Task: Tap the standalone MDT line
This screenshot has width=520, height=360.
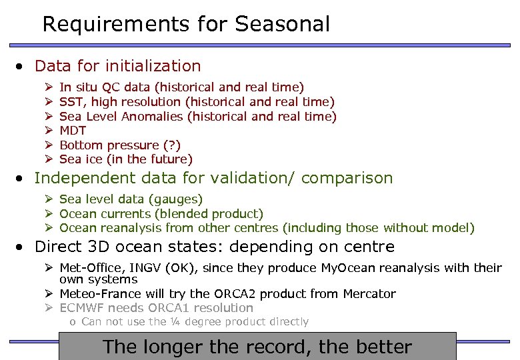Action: click(x=73, y=131)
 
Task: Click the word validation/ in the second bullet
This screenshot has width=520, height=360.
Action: click(x=255, y=178)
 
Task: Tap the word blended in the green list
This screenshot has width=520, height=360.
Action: click(x=183, y=214)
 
